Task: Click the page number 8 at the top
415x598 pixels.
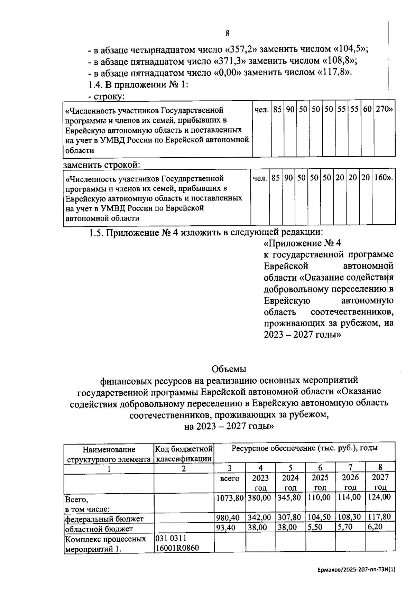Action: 227,34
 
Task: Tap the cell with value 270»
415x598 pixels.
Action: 384,110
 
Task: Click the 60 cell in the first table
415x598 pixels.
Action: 367,110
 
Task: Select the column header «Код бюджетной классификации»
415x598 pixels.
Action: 184,454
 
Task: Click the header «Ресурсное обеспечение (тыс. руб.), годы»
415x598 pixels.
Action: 304,449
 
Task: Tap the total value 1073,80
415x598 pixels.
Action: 230,498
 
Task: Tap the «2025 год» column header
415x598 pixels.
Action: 320,482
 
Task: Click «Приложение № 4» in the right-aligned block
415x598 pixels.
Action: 302,243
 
